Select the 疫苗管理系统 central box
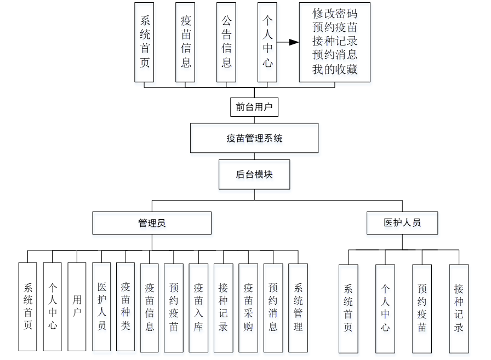(x=254, y=138)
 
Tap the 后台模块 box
(x=254, y=175)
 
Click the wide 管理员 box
(x=152, y=223)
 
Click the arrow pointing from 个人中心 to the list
(x=289, y=42)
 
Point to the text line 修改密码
(x=334, y=14)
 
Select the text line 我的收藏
(x=334, y=69)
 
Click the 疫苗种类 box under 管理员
(x=125, y=306)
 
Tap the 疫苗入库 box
(x=198, y=307)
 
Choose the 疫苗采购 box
(x=248, y=307)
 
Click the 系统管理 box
(x=298, y=307)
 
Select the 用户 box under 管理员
(x=77, y=306)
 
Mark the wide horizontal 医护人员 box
(x=402, y=223)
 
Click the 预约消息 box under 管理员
(x=273, y=307)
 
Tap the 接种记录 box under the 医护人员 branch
(x=459, y=308)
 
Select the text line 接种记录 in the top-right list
(x=334, y=41)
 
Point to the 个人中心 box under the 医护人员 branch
(x=385, y=308)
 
